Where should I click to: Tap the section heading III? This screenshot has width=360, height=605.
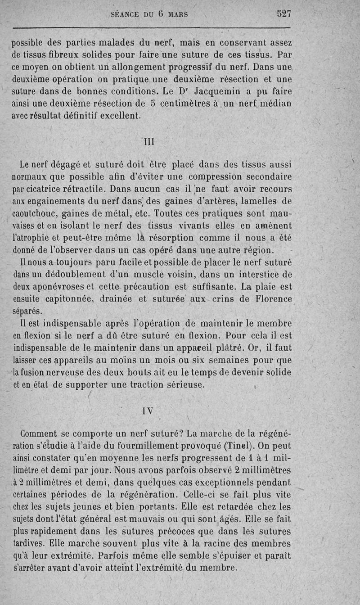148,141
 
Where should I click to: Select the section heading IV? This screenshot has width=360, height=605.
147,411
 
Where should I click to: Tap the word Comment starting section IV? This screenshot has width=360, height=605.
39,434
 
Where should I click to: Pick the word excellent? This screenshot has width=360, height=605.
117,116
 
